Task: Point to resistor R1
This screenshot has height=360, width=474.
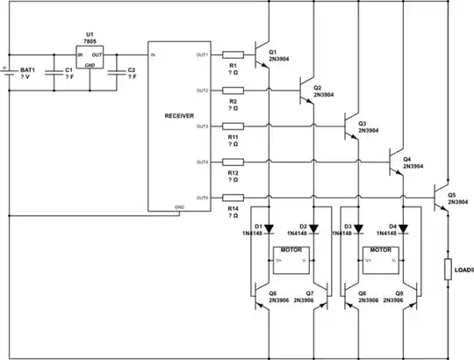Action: coord(233,54)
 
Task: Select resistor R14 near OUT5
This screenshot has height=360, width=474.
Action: coord(233,198)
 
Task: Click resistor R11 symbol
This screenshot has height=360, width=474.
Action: coord(233,126)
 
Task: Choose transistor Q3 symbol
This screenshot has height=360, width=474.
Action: coord(352,127)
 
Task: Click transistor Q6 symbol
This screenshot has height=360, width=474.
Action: coord(259,298)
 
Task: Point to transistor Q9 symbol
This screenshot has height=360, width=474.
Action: coord(414,298)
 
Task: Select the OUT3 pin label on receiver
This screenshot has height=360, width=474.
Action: coord(202,126)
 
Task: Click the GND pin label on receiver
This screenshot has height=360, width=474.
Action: coord(179,207)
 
